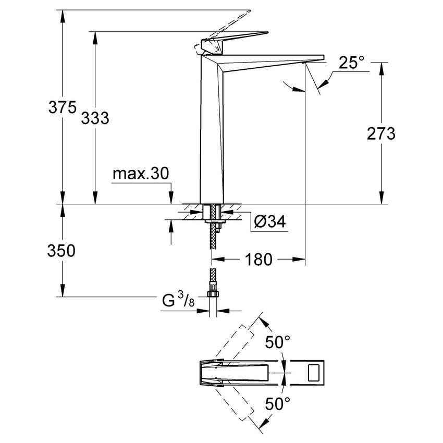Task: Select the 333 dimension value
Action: click(95, 118)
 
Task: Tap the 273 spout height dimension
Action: click(381, 134)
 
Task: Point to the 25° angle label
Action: click(351, 63)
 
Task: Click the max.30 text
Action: click(141, 174)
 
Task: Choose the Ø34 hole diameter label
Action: click(270, 222)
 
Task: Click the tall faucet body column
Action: click(211, 130)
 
